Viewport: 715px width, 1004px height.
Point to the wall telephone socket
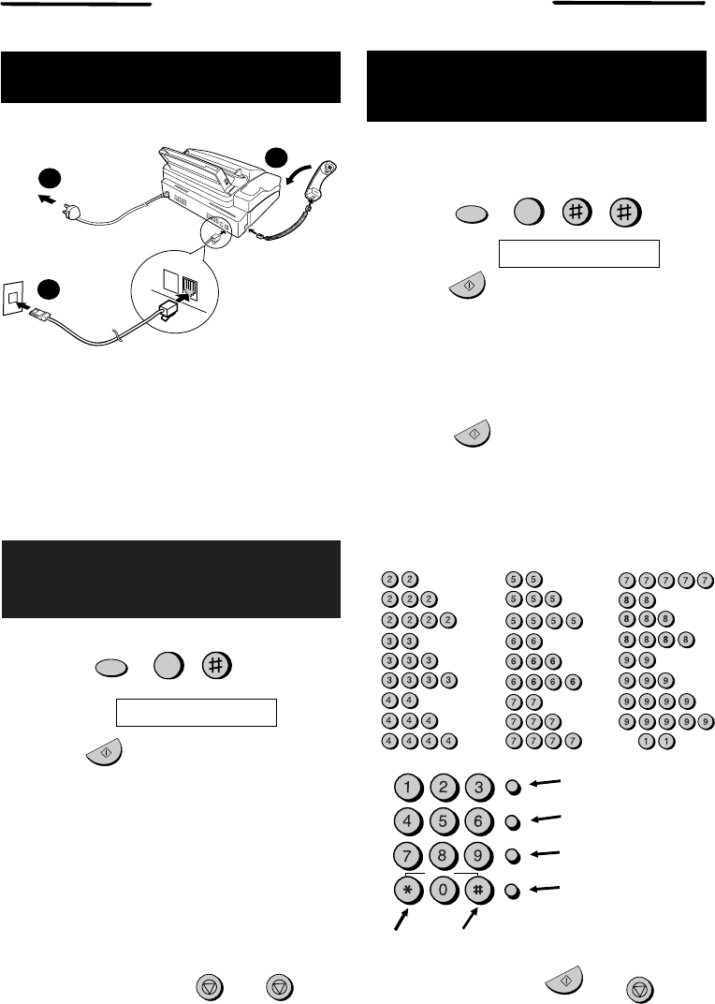click(12, 299)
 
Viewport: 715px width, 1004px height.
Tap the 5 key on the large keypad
click(444, 821)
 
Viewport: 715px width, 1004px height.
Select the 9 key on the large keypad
click(479, 856)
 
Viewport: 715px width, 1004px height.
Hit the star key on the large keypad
click(409, 891)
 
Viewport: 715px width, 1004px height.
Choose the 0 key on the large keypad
click(444, 891)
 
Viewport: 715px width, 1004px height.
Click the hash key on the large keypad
click(479, 891)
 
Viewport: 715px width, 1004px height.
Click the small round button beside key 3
click(514, 787)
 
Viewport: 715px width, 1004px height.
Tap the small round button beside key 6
click(514, 821)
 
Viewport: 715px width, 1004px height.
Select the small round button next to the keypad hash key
click(514, 891)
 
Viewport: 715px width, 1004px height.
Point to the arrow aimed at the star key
click(401, 921)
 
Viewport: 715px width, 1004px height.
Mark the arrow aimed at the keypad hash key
click(471, 921)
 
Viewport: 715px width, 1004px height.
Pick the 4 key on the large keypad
click(409, 821)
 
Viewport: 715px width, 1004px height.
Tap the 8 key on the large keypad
click(444, 856)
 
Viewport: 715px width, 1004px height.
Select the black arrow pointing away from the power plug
click(47, 199)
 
